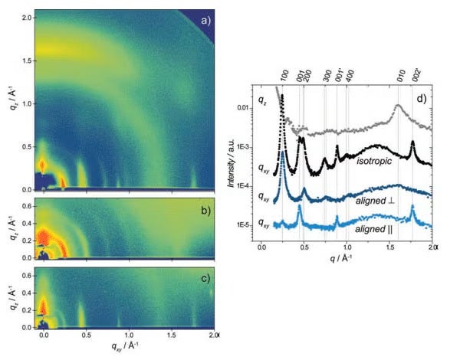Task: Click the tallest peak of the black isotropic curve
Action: [x=282, y=96]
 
